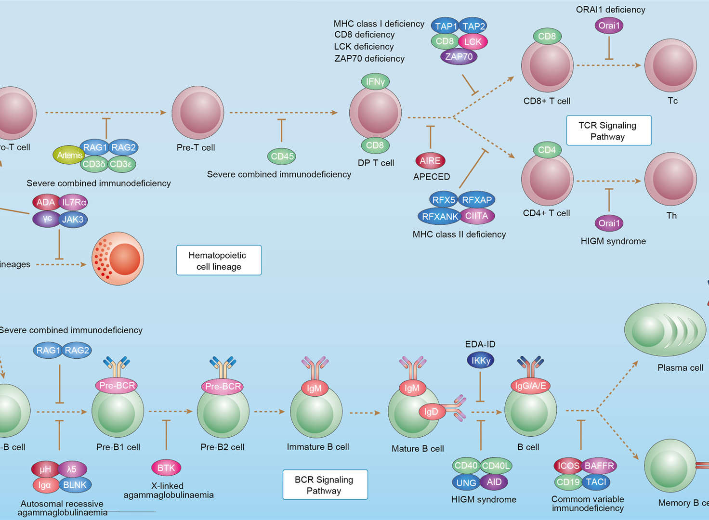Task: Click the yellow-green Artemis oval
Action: click(69, 155)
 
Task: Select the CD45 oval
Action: click(282, 156)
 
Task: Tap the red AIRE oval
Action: click(430, 161)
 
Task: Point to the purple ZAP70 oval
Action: click(459, 56)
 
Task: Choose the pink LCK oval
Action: click(473, 42)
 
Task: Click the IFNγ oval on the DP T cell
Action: click(375, 82)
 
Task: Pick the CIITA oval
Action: click(477, 216)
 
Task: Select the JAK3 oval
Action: click(73, 220)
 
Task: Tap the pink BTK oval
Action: click(166, 468)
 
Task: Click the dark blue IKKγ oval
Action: click(481, 360)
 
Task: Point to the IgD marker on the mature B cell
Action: click(431, 411)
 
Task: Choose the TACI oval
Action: click(596, 481)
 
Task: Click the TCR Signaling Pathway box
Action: click(608, 130)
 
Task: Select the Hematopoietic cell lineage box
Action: click(219, 260)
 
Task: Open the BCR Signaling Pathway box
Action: click(325, 485)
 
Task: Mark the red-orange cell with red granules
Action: click(118, 259)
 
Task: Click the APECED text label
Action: click(432, 177)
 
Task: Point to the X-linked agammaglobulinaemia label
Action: click(168, 490)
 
